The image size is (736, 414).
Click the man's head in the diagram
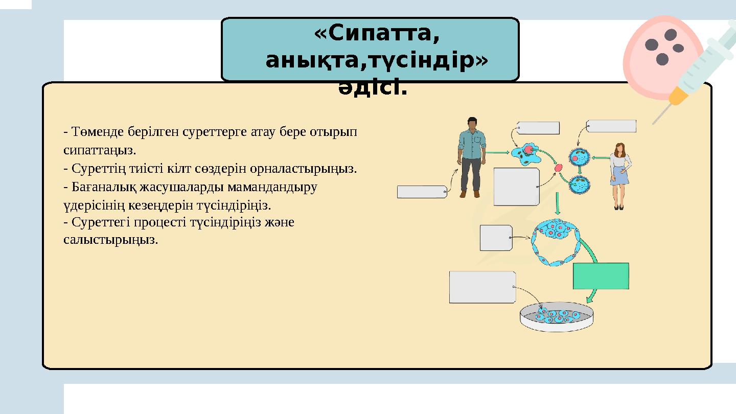[472, 124]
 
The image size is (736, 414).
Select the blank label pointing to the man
[422, 192]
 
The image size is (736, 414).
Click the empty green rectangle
[601, 276]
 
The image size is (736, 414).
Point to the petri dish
[558, 317]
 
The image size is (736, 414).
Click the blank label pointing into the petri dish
[482, 287]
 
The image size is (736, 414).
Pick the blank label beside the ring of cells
[496, 238]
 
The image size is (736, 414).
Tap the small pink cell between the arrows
[559, 168]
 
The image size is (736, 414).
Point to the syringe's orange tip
[678, 96]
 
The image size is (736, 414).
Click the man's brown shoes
[470, 194]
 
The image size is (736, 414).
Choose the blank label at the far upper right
[611, 126]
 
